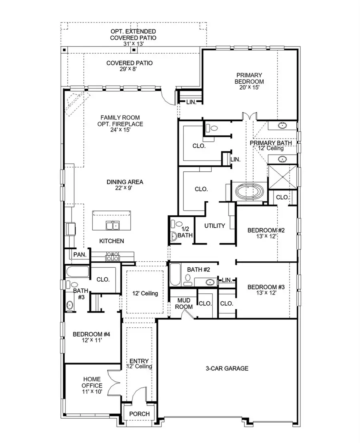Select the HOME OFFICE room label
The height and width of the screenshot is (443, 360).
(x=92, y=385)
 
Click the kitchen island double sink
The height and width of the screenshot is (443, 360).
(x=112, y=226)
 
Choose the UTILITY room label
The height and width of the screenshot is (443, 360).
(x=215, y=226)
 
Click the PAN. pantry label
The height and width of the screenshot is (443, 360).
(x=79, y=255)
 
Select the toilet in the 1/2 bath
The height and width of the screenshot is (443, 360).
(x=174, y=236)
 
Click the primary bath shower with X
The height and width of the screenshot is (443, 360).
(x=282, y=176)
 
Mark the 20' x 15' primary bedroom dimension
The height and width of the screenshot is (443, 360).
(x=249, y=88)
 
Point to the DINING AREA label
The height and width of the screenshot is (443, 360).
(x=125, y=182)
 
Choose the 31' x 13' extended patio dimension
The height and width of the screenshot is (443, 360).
(x=134, y=44)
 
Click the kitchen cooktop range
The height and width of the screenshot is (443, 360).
(x=112, y=257)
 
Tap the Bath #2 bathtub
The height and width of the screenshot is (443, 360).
(x=174, y=273)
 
